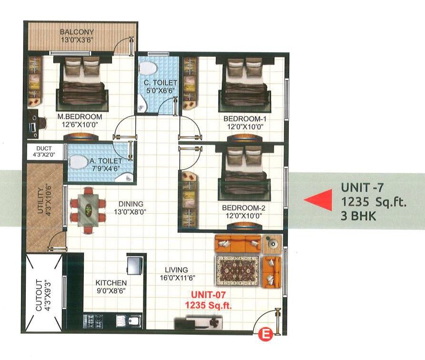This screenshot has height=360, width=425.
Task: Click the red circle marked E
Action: (x=263, y=335)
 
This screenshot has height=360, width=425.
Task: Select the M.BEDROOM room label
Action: (x=80, y=117)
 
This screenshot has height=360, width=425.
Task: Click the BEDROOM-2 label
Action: (x=242, y=208)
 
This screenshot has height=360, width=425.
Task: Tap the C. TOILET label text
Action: (x=158, y=82)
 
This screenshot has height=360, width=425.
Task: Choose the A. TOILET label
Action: (x=106, y=161)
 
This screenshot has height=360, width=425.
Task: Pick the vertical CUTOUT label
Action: (x=39, y=295)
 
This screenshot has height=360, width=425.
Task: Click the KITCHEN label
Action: (x=111, y=282)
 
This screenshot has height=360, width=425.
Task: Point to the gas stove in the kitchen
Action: (x=94, y=320)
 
